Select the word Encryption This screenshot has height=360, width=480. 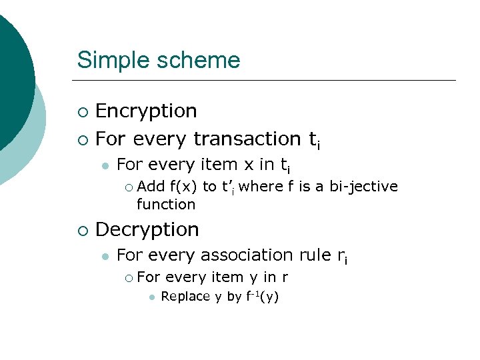[x=146, y=111]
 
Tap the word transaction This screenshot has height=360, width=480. [x=247, y=139]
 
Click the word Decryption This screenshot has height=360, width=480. [x=147, y=229]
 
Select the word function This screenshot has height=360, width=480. [x=166, y=204]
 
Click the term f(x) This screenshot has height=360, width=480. [x=183, y=187]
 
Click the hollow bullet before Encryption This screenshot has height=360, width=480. [x=81, y=111]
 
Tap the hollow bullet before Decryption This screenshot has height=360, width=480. [x=81, y=231]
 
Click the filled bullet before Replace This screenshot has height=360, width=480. [x=152, y=297]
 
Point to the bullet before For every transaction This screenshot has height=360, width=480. [x=81, y=139]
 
